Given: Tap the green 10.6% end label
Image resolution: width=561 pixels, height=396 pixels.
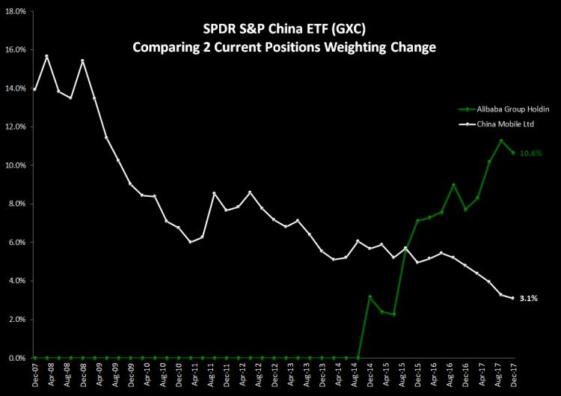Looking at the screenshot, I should [530, 153].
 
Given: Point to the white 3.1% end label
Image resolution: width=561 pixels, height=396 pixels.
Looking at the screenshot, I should [529, 299].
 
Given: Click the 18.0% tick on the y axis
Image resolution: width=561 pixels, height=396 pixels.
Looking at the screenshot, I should [16, 11].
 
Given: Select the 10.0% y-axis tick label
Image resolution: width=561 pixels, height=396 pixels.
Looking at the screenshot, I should [16, 165].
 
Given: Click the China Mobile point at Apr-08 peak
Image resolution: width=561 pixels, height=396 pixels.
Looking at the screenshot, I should [47, 56].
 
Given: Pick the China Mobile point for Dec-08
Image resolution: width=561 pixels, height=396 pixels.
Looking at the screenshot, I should [82, 61].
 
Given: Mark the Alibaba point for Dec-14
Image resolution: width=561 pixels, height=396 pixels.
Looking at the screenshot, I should [370, 296].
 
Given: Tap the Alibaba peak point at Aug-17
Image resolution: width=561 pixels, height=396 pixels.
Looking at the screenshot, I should [501, 141].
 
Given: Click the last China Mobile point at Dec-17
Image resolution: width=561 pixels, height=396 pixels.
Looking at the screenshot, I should [512, 298].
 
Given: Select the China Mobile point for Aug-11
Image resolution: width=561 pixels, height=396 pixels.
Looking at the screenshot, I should [215, 193].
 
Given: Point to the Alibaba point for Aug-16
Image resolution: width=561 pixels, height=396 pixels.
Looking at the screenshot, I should [453, 185].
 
